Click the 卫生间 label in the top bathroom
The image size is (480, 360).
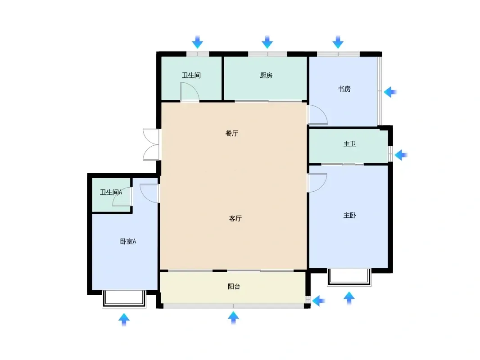191,75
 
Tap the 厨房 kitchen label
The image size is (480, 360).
266,75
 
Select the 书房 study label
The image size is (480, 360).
344,89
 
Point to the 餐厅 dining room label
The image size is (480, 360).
232,133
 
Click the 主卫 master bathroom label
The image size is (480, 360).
349,144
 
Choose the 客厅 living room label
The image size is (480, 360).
235,218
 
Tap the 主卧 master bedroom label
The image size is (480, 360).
349,216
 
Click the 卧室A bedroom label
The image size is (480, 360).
128,241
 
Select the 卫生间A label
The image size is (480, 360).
111,192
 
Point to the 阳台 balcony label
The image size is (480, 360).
234,286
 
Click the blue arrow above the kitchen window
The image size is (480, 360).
267,42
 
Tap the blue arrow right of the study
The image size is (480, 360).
390,92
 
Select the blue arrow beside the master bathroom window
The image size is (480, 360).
401,155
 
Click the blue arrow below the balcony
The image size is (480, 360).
233,318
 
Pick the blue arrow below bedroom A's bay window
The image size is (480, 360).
124,319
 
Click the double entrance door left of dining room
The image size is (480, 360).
151,144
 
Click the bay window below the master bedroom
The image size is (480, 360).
349,277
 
